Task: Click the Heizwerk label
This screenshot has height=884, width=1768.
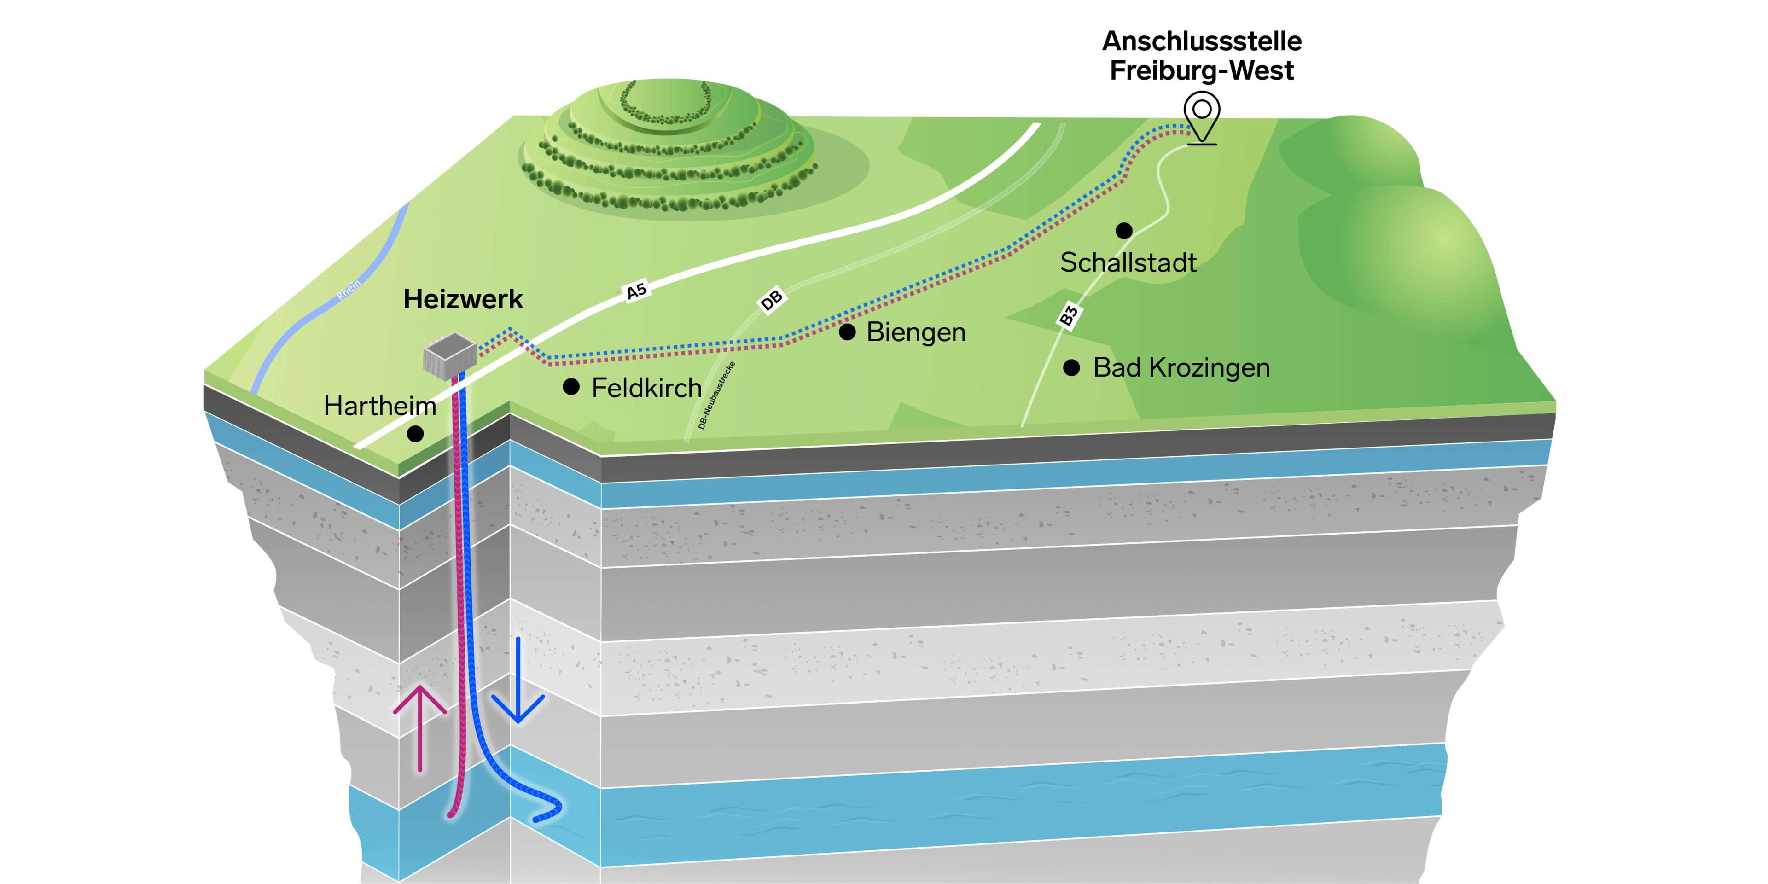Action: (463, 299)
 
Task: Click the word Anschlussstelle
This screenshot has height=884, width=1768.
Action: (1202, 41)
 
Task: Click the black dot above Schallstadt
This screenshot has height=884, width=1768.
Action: (1123, 231)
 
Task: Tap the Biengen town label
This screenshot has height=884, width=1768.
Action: (916, 332)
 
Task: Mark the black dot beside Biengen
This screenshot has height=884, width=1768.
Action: (848, 332)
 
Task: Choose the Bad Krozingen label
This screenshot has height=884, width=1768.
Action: (1181, 368)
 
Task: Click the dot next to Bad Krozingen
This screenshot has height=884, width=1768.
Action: (1071, 368)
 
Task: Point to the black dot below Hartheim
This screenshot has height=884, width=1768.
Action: (415, 434)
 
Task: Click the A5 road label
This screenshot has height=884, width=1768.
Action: (636, 291)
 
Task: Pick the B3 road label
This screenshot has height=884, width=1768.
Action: (1068, 315)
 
